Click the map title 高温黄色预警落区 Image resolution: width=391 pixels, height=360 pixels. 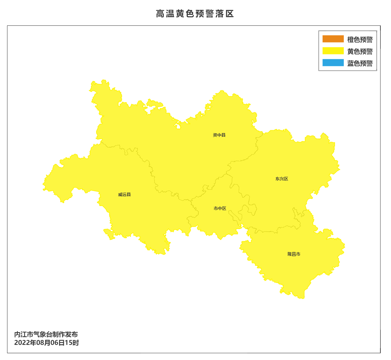click(x=195, y=14)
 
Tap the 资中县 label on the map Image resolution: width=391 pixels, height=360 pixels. click(x=219, y=135)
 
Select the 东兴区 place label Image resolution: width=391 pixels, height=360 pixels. click(x=282, y=179)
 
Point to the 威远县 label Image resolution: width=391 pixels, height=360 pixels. click(x=124, y=194)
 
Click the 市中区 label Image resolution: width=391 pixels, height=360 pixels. click(x=220, y=208)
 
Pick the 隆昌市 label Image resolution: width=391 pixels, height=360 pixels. click(x=294, y=254)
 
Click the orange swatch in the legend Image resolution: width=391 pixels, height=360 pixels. click(x=333, y=39)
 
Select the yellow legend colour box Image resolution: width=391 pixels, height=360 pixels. click(x=333, y=51)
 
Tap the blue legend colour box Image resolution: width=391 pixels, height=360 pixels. click(x=333, y=63)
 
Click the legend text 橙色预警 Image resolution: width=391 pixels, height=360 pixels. click(x=360, y=40)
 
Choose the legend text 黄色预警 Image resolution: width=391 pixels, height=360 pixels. click(x=360, y=51)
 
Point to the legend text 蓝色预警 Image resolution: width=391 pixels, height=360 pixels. click(x=360, y=63)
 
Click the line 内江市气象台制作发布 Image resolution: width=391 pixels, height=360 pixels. click(x=46, y=335)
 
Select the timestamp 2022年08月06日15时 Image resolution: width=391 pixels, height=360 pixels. click(x=47, y=343)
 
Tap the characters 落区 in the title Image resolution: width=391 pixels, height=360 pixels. click(x=224, y=14)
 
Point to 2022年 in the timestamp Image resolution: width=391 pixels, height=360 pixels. click(x=25, y=343)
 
